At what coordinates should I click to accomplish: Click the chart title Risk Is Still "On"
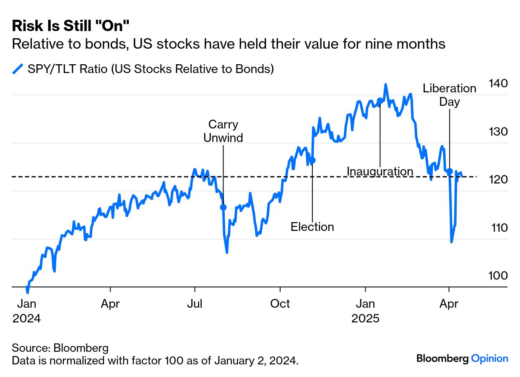70,26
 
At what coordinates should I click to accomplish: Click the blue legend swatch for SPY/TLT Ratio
18,69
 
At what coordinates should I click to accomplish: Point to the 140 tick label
498,83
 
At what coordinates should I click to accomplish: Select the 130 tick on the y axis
498,131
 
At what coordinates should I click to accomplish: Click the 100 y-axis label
498,275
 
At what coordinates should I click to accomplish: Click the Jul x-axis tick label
195,304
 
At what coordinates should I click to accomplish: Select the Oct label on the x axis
280,304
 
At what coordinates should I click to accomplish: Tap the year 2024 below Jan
26,318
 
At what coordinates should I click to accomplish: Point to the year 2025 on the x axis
365,318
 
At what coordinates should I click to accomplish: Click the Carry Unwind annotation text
223,131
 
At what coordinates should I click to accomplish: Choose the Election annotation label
312,227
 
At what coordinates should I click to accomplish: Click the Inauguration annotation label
380,171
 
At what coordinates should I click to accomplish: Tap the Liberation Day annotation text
450,95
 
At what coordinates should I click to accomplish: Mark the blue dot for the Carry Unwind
223,207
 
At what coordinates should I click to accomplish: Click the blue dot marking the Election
312,160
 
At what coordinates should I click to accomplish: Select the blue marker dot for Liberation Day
450,171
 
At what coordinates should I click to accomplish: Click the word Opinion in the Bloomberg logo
489,359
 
